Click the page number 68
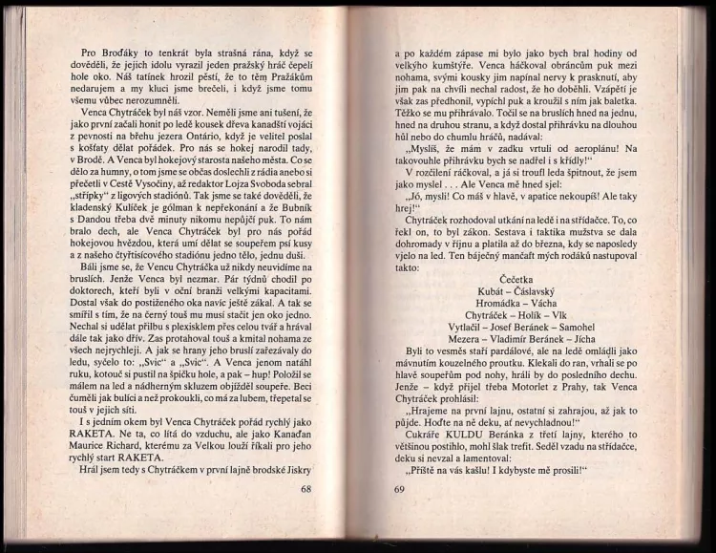click(x=306, y=490)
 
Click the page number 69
click(x=399, y=490)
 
